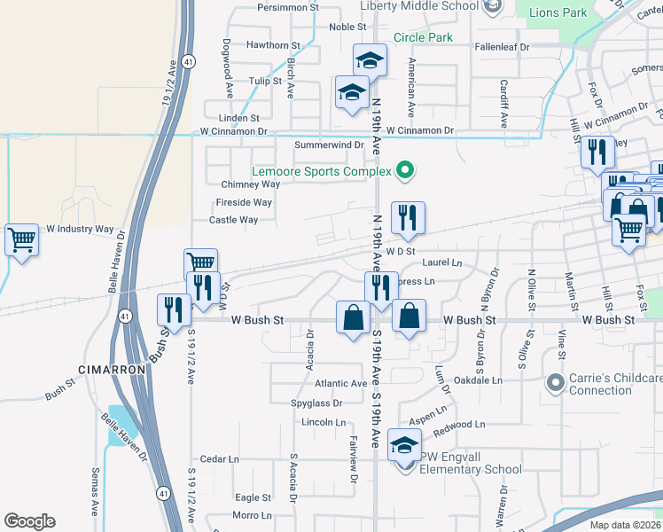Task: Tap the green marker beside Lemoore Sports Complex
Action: click(x=406, y=170)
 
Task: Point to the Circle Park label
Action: click(x=423, y=37)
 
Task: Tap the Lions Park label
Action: click(x=558, y=13)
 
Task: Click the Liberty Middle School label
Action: click(x=418, y=5)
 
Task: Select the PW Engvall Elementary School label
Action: click(x=471, y=463)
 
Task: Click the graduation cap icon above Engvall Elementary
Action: click(x=405, y=445)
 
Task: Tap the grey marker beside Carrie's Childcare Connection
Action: click(x=556, y=383)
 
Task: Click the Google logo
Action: click(x=29, y=521)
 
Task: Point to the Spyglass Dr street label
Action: click(x=316, y=403)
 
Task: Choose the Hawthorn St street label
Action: click(x=274, y=45)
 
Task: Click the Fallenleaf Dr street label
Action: click(x=502, y=46)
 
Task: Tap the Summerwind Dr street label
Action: click(x=330, y=145)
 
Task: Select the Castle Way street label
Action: click(x=234, y=220)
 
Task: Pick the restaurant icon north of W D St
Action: click(x=408, y=218)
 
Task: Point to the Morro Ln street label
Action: click(x=252, y=515)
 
